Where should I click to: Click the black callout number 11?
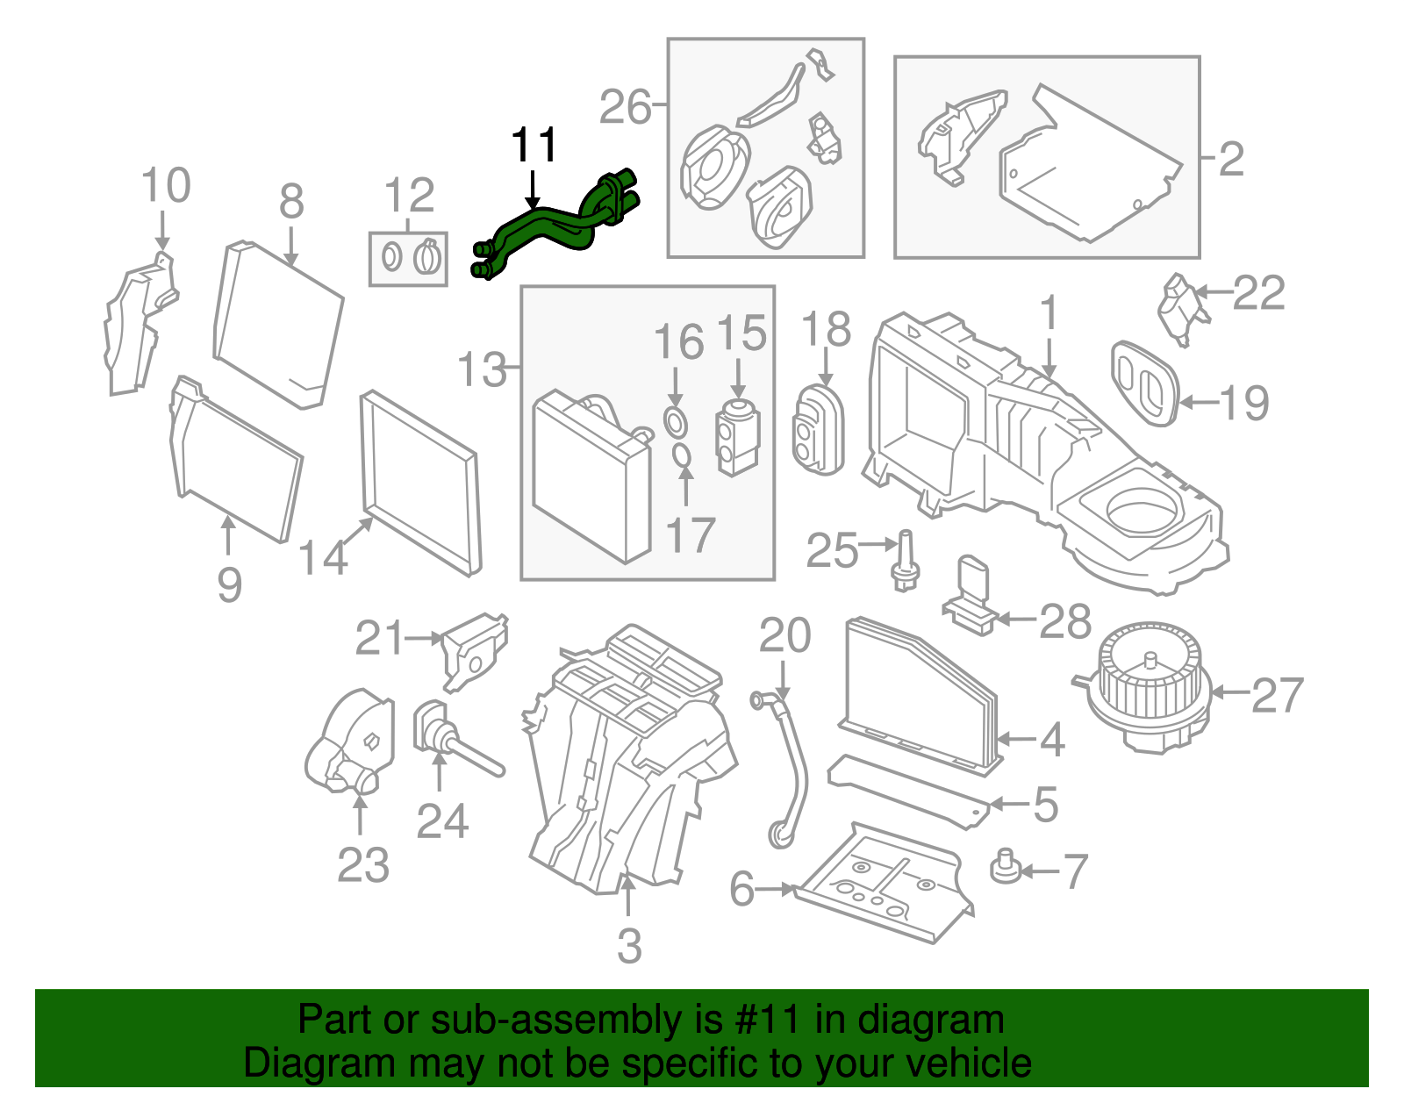(x=534, y=145)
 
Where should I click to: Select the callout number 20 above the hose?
(x=784, y=636)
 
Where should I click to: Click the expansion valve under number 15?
(x=739, y=437)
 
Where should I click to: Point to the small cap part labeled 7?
(x=1006, y=869)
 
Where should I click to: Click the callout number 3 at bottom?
(x=629, y=946)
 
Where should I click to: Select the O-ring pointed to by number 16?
(x=675, y=422)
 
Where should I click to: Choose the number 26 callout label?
(x=626, y=108)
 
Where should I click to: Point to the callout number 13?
(x=482, y=369)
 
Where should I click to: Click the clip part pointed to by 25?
(x=905, y=562)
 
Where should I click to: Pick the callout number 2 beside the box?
(x=1231, y=160)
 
